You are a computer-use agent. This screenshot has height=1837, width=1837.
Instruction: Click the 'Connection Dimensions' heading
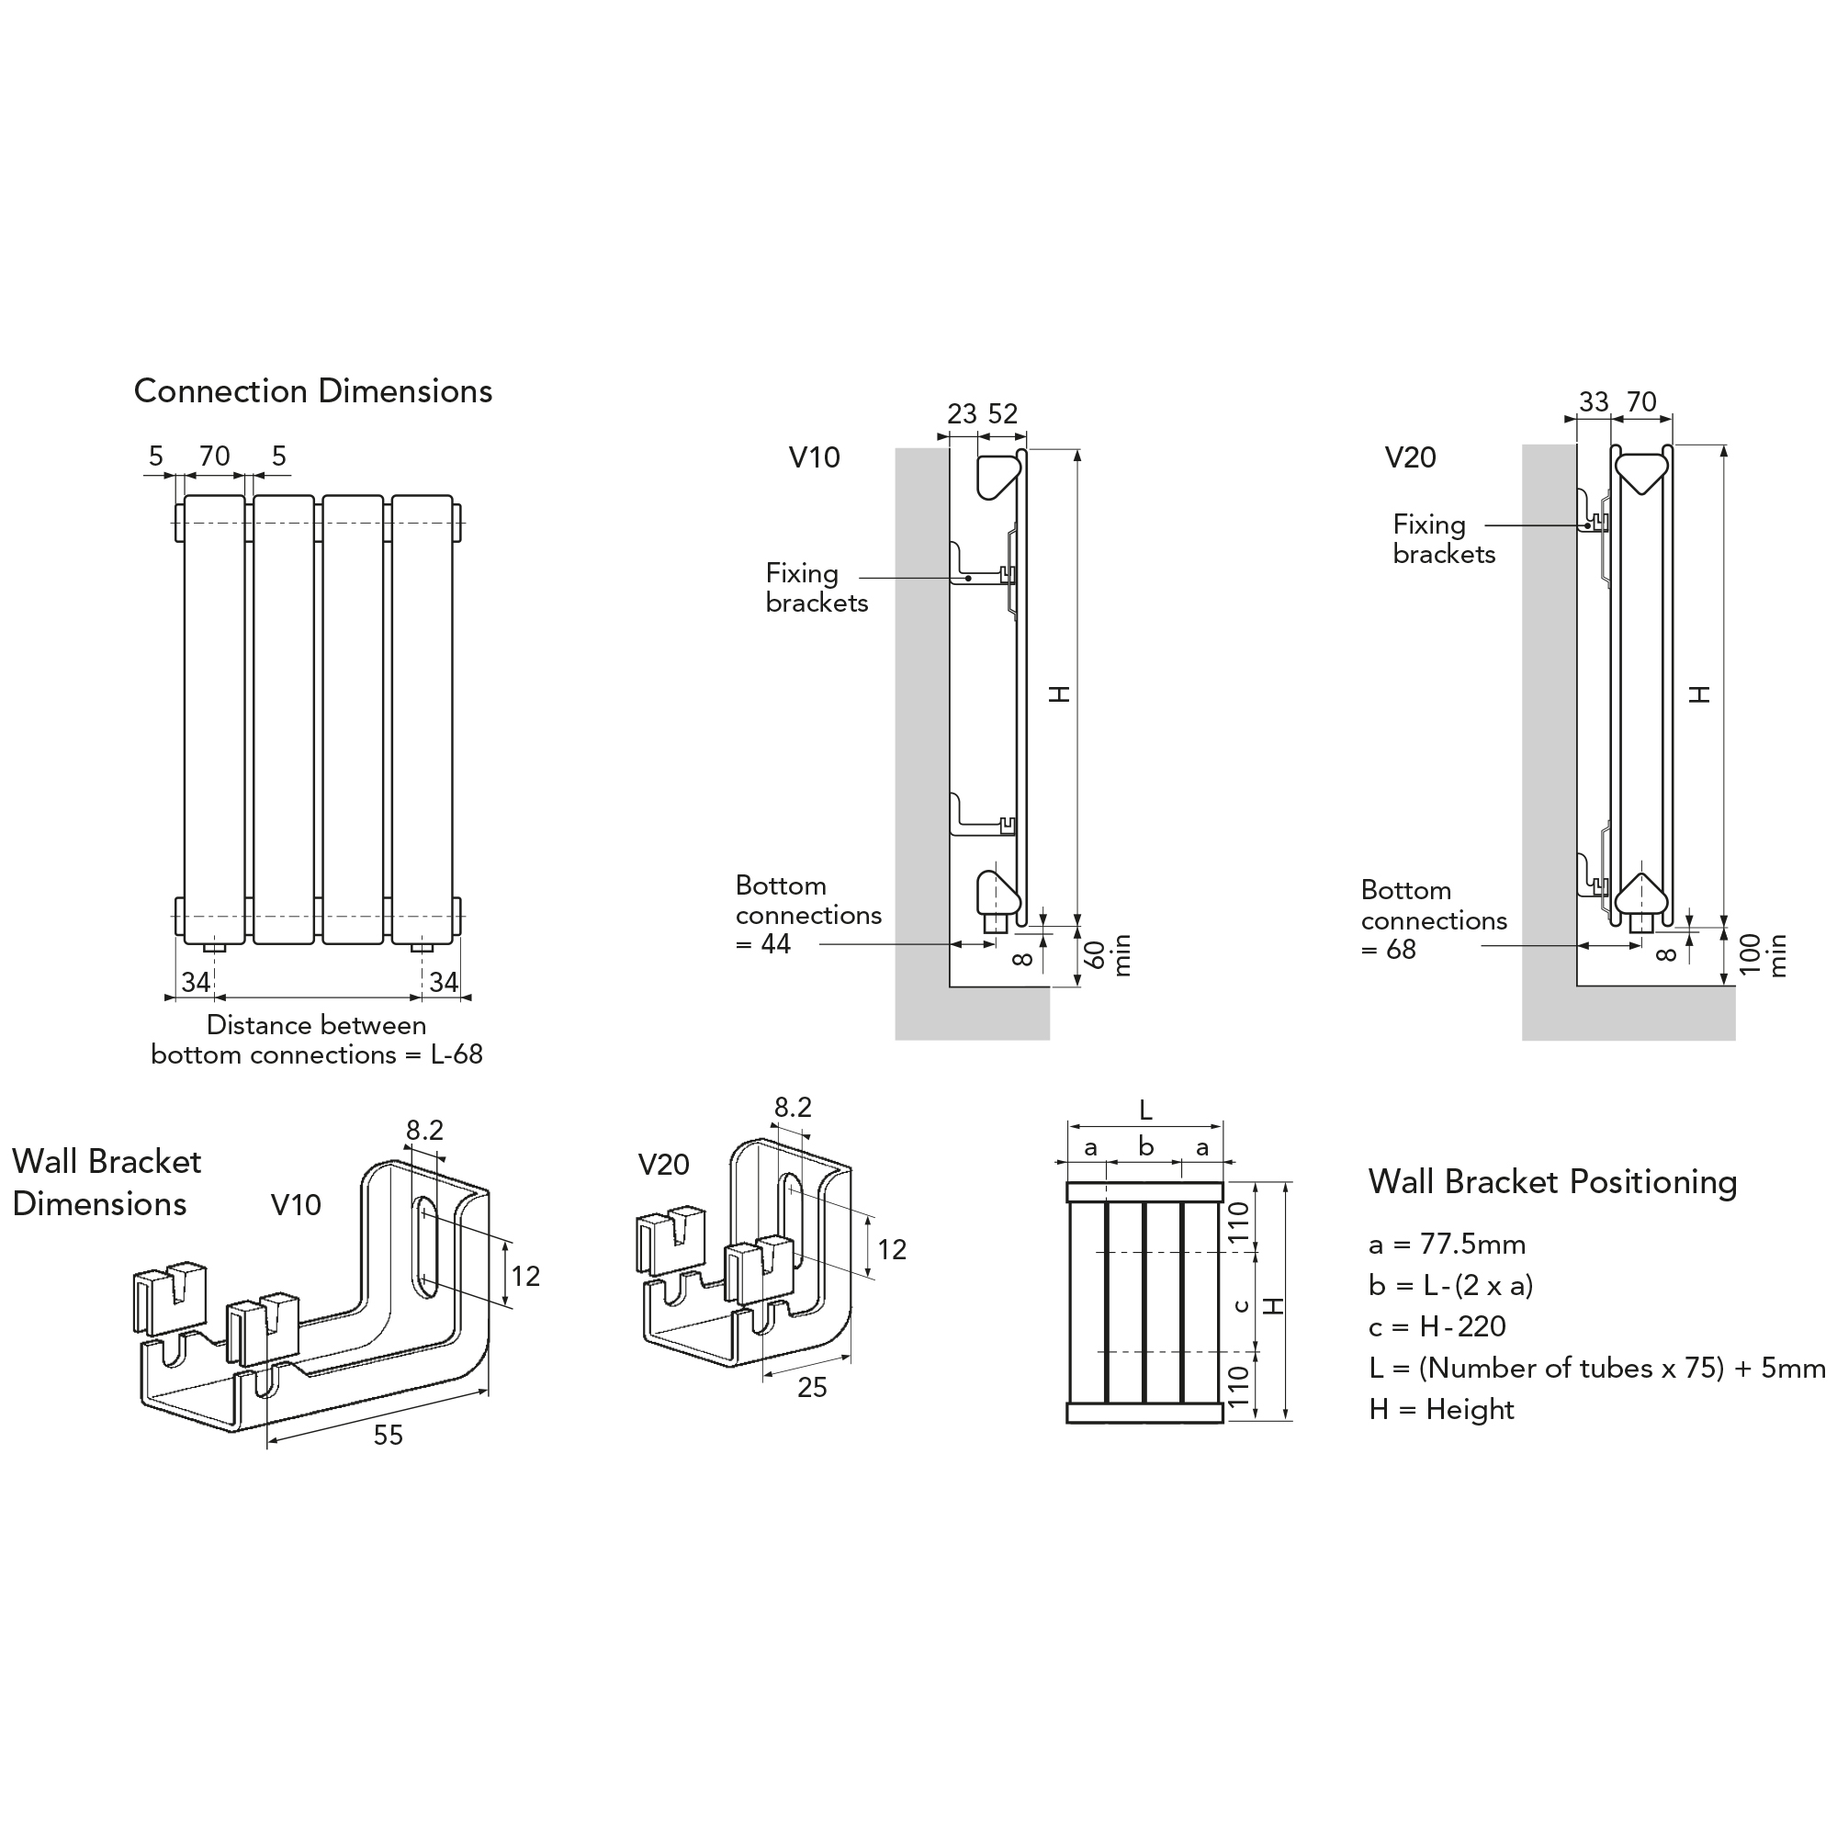point(313,390)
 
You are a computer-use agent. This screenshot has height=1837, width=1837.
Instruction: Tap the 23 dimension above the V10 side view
point(962,413)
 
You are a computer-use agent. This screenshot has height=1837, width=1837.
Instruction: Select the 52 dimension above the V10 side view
point(1003,413)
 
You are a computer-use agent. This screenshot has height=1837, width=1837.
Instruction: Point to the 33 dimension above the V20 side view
point(1594,402)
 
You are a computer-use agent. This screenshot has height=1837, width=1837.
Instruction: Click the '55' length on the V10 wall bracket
point(388,1435)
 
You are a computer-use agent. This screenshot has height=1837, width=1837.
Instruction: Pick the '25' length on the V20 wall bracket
point(812,1387)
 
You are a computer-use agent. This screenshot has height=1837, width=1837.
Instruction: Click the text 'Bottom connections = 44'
point(808,915)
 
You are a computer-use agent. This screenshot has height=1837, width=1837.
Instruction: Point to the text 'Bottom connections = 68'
point(1433,919)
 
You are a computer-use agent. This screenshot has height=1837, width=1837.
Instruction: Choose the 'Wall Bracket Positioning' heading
point(1552,1182)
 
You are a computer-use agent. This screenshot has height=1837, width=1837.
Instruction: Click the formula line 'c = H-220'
point(1437,1326)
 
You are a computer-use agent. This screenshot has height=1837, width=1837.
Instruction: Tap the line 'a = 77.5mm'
point(1448,1244)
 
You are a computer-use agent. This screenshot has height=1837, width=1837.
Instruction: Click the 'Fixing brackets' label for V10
point(816,588)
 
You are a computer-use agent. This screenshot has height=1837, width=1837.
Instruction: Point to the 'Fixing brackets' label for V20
point(1443,539)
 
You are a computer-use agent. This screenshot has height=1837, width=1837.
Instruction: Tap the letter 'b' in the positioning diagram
point(1145,1146)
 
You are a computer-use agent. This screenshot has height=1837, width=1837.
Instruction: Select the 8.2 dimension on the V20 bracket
point(792,1107)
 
